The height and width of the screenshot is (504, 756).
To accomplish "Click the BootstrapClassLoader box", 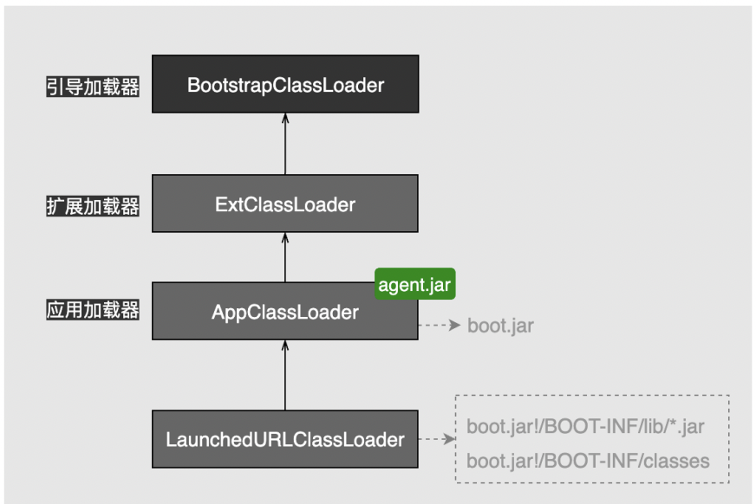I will click(285, 84).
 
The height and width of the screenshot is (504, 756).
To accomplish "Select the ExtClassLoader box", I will click(285, 204).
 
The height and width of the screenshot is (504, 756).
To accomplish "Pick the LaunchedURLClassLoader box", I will click(285, 439).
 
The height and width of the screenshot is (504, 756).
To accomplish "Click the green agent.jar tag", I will click(415, 285).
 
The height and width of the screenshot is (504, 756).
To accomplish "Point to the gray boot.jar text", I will click(500, 326).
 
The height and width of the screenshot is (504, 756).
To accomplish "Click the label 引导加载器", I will click(92, 87).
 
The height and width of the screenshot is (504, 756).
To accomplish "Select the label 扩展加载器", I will click(92, 206).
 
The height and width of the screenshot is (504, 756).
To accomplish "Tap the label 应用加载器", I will click(92, 311).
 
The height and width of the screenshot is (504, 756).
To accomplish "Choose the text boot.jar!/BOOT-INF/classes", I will click(587, 461).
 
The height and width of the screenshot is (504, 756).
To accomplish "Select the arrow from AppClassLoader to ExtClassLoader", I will click(285, 257).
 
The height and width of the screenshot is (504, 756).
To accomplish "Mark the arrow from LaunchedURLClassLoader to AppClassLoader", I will click(285, 375).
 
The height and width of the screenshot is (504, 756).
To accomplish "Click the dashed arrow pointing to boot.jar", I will click(439, 326).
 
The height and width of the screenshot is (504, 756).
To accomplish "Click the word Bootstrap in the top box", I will click(223, 85).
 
